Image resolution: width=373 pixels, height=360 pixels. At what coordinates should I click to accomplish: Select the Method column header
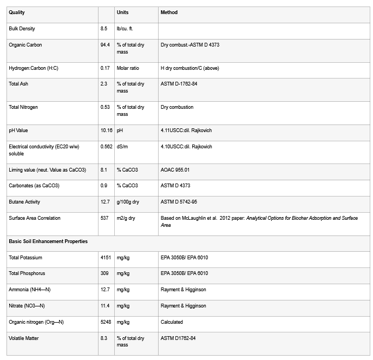tap(169, 12)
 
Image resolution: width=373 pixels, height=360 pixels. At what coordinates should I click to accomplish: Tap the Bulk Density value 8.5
tap(104, 29)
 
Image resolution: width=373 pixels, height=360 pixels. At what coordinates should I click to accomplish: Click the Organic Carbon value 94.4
tap(105, 45)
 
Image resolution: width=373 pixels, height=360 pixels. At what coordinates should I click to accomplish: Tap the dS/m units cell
tap(123, 147)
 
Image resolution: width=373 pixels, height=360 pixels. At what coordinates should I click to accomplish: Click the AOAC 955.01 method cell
tap(175, 170)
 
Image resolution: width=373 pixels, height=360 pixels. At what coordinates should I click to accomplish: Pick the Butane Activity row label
tap(24, 202)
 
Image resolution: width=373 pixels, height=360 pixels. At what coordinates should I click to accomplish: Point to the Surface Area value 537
tap(105, 218)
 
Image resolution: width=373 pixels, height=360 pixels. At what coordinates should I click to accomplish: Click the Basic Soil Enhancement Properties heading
tap(48, 241)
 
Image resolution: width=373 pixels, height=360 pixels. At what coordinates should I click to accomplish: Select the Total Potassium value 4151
tap(106, 258)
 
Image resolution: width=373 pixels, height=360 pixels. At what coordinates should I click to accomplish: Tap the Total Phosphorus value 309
tap(105, 273)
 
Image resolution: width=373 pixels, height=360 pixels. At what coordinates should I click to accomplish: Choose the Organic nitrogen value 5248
tap(106, 322)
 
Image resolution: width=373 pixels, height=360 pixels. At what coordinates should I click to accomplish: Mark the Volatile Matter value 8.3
tap(104, 338)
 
